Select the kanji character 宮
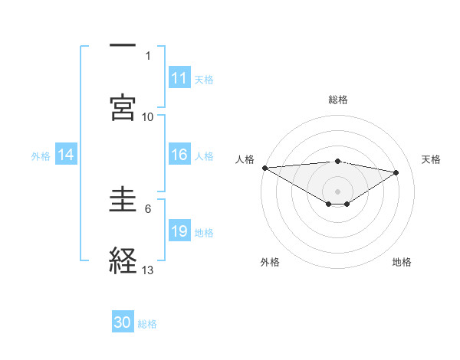pos(123,107)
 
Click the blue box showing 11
pos(179,78)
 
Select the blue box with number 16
pos(179,155)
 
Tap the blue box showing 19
pos(179,231)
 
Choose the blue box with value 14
pos(66,155)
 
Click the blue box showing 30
pos(123,322)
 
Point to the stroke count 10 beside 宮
pos(148,116)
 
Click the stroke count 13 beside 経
pos(148,270)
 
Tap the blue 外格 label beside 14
pos(41,155)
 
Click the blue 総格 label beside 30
pos(147,324)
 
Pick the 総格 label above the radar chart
pos(337,100)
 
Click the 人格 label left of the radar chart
pos(245,159)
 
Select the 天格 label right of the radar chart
pos(432,159)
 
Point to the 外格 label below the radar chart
pos(270,262)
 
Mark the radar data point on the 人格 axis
pos(264,167)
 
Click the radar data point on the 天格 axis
pos(396,172)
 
